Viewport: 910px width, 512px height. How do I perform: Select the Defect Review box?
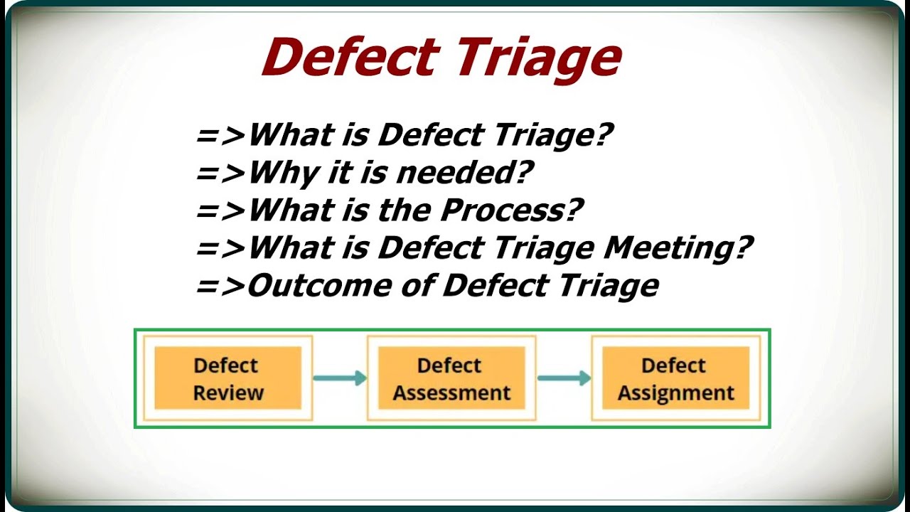(x=228, y=378)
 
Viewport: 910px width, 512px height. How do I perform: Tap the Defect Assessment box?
(x=451, y=378)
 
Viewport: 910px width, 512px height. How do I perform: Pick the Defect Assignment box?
(x=675, y=378)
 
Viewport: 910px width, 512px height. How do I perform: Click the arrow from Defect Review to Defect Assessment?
(x=340, y=378)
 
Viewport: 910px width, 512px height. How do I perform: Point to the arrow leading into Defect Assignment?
(x=564, y=378)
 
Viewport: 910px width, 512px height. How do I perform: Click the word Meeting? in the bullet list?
(x=678, y=248)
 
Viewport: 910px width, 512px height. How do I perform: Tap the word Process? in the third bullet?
(x=510, y=210)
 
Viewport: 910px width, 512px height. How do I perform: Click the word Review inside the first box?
(x=228, y=393)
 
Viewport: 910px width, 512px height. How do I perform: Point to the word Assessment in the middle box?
(x=451, y=393)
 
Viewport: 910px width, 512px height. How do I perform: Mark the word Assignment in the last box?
(x=675, y=393)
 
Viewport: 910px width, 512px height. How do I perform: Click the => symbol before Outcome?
(x=220, y=286)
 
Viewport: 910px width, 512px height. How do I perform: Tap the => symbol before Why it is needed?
(x=220, y=172)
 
